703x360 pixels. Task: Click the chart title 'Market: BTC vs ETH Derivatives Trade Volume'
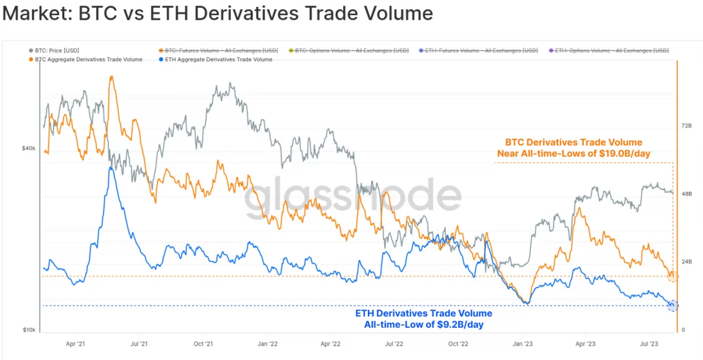[218, 14]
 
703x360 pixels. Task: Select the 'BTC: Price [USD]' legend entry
[56, 50]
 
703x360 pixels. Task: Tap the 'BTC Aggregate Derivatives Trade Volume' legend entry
[88, 59]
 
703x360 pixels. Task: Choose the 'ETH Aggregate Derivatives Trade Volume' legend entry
[218, 59]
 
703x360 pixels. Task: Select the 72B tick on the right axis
[687, 125]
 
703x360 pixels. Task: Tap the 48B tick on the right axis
[687, 193]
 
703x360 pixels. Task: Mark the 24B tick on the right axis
[687, 262]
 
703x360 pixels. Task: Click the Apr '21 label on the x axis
[75, 343]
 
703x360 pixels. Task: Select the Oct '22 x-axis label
[459, 343]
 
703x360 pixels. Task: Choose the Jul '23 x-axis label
[649, 343]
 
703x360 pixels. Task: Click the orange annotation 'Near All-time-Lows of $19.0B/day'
[573, 153]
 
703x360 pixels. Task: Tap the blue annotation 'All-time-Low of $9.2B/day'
[424, 325]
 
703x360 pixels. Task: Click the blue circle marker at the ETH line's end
[672, 305]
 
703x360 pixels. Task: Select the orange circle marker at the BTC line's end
[672, 276]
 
